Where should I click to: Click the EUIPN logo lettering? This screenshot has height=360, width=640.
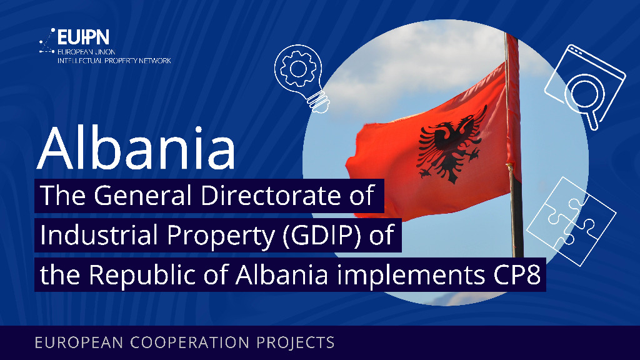coord(83,37)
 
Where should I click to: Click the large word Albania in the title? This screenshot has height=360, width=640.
coord(136,148)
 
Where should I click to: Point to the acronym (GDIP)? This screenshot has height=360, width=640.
coord(322,236)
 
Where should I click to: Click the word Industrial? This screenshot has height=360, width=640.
coord(99,235)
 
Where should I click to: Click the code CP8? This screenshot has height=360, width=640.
coord(517,275)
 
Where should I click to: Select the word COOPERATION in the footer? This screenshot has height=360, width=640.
coord(190,342)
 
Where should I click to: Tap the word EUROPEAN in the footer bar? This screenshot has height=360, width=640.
coord(79,342)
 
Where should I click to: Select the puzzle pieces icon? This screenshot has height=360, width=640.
coord(571,221)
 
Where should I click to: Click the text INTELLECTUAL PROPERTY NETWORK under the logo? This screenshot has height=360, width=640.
coord(114,61)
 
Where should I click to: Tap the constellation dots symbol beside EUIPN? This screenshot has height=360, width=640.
coord(47,41)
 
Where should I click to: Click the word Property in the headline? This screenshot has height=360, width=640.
coord(220,236)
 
